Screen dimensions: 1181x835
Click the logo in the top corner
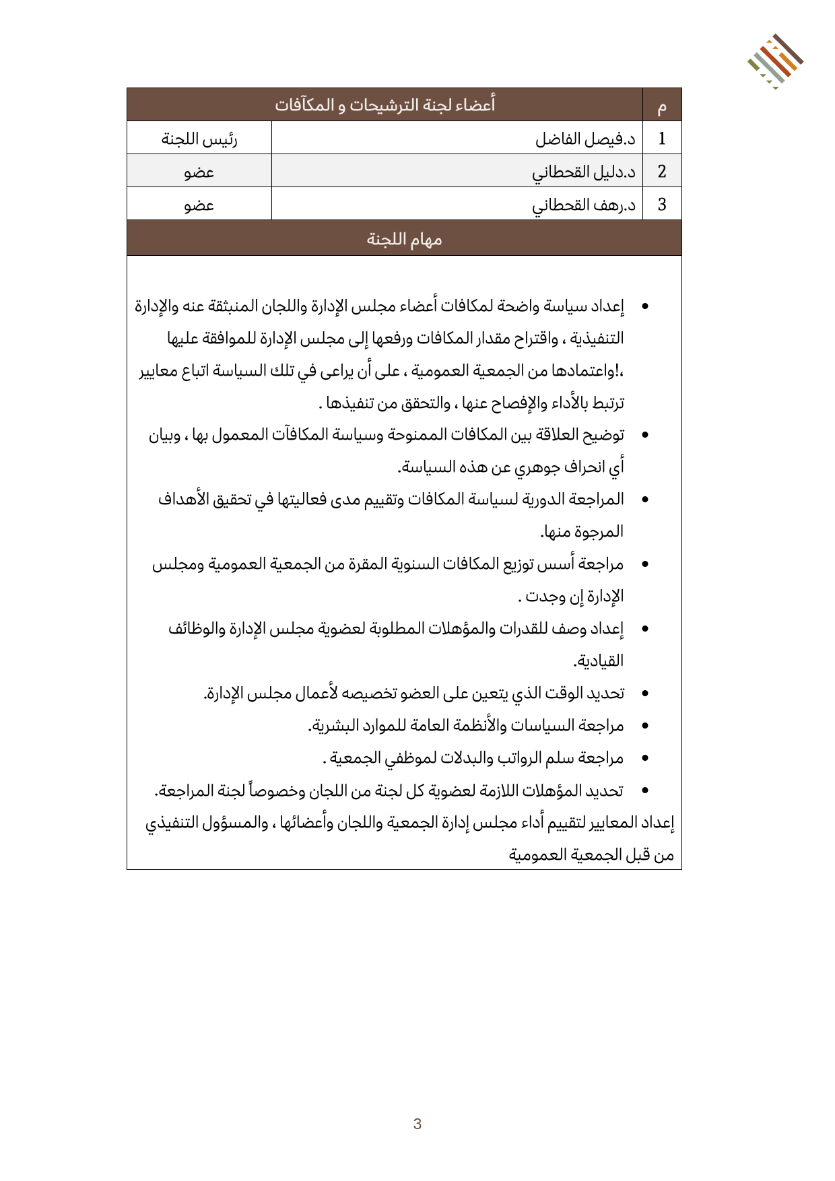pos(774,61)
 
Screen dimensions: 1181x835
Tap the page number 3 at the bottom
pos(417,1124)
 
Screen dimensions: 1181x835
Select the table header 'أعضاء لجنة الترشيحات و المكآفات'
pos(385,105)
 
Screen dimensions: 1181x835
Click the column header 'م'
pos(662,106)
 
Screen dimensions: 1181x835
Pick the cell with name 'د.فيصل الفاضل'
pos(585,139)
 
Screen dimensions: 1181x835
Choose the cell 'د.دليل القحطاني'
pos(584,172)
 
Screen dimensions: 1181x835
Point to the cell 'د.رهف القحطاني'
pos(584,204)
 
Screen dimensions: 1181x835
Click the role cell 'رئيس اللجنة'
pos(199,139)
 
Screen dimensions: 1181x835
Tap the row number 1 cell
pos(662,139)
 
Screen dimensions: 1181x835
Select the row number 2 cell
pos(662,172)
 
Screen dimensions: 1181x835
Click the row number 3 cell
pos(662,204)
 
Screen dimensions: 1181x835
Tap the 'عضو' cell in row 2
pos(199,172)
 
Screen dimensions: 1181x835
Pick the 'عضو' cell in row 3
pos(199,204)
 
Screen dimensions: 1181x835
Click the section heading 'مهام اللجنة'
pos(404,239)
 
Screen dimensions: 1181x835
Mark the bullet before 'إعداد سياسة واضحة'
pos(645,307)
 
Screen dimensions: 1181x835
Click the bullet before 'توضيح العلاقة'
pos(645,436)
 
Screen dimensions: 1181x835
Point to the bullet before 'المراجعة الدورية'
pos(645,500)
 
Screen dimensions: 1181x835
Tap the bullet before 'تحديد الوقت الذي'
pos(645,694)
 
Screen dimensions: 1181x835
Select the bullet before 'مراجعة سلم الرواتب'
pos(645,759)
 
